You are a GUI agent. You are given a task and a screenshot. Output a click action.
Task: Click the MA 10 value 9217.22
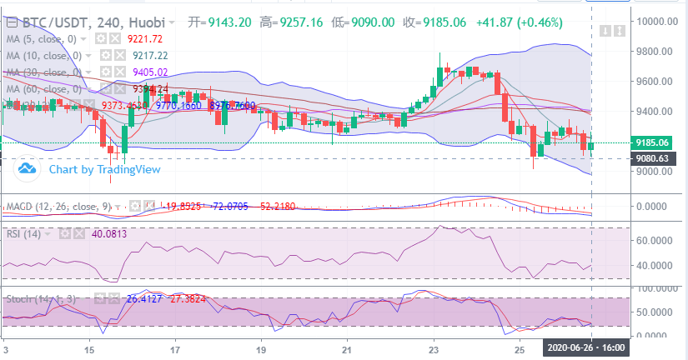[x=150, y=55]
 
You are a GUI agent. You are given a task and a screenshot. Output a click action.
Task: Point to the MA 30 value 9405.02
[x=150, y=72]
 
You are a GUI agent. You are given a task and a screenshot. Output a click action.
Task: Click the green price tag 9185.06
[x=653, y=142]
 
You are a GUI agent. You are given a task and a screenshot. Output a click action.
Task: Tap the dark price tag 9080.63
[x=653, y=158]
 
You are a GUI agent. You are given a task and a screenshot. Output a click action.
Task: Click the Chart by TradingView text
[x=104, y=169]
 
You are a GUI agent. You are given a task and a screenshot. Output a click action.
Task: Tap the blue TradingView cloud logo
[x=27, y=169]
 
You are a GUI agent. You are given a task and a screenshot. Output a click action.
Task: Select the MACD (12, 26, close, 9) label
[x=57, y=205]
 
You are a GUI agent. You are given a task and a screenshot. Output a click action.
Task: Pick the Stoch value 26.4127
[x=144, y=297]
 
